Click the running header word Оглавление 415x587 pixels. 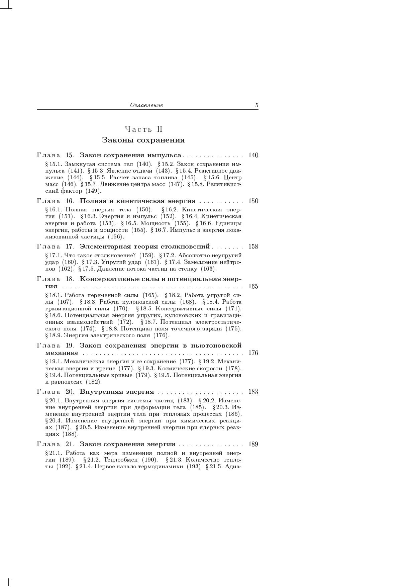tap(146, 105)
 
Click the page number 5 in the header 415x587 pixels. tap(256, 105)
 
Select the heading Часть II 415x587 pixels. tap(143, 129)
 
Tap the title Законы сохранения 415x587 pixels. tap(143, 140)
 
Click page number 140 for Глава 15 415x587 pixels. tap(253, 155)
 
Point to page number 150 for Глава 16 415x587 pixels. tap(253, 201)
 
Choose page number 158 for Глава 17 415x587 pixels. tap(253, 247)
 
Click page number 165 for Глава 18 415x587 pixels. tap(253, 286)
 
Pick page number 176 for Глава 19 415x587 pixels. tap(253, 353)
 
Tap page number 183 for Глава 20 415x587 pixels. tap(253, 392)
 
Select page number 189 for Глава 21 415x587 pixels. tap(253, 444)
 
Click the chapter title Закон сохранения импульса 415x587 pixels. tap(130, 155)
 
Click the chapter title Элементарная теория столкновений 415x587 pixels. tap(144, 247)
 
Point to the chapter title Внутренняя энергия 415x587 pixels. tap(117, 392)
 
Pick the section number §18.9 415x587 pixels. tap(54, 335)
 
